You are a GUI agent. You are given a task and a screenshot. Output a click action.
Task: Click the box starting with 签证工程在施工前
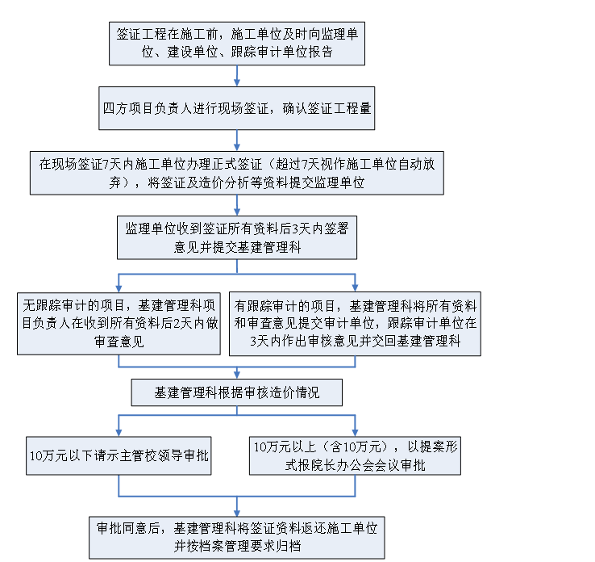237,44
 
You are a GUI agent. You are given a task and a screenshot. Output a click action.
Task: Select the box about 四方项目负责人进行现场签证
237,108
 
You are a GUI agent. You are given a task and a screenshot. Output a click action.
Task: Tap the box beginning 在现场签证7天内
237,174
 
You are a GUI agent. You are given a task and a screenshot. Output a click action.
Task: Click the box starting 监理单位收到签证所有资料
237,238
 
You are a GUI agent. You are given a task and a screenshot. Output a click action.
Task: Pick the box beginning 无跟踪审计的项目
119,324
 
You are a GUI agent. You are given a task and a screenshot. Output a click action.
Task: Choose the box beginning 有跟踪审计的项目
356,324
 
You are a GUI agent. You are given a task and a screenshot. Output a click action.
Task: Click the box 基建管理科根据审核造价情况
237,392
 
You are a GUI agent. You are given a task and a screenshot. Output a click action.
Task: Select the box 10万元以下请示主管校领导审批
119,455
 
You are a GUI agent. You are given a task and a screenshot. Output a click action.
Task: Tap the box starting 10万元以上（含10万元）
356,455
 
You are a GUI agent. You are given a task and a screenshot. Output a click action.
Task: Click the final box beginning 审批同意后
237,538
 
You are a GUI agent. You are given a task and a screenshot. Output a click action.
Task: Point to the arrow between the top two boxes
237,76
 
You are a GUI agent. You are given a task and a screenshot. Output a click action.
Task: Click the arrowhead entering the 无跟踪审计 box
119,288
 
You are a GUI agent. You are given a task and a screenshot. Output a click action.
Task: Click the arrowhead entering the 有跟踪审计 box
356,288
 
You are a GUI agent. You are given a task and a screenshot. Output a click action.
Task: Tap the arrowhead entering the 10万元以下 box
119,433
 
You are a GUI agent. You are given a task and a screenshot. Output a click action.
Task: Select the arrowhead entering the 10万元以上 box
356,433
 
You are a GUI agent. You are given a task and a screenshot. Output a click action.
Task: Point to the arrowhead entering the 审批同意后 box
237,513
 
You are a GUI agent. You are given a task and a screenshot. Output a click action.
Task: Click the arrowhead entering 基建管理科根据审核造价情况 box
237,375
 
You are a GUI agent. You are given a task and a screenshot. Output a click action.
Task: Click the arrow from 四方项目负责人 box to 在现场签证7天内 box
237,140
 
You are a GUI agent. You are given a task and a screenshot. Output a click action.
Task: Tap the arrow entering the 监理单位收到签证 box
237,206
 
